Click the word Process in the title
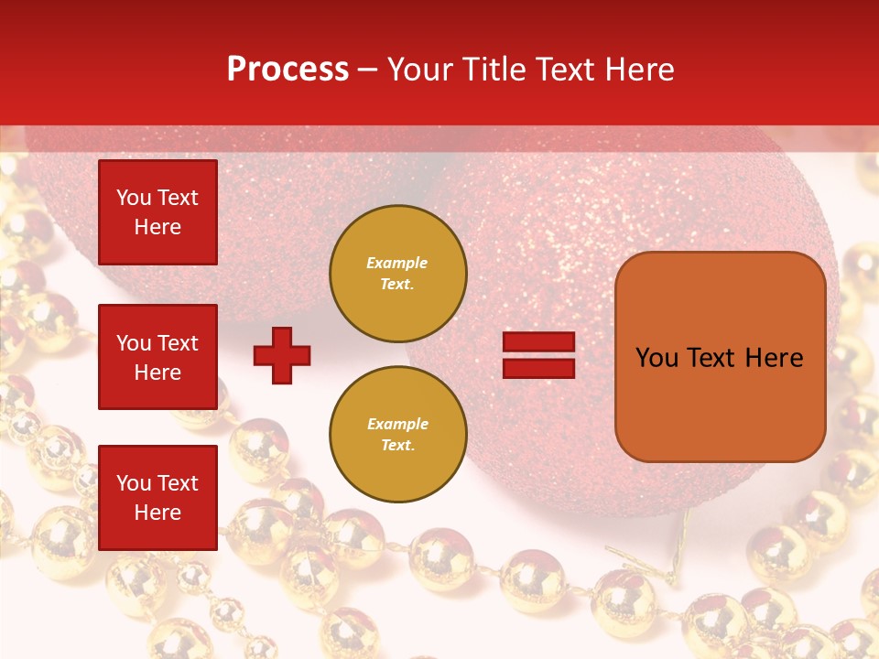pos(288,70)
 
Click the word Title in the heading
pos(495,70)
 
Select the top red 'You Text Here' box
pos(157,212)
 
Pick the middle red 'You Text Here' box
pos(157,357)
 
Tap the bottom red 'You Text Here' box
pos(157,498)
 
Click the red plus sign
pos(282,355)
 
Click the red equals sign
pos(538,355)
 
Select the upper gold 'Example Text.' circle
pos(398,274)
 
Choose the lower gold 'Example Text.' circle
pos(398,435)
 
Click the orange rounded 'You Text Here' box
pos(720,357)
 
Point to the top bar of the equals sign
pos(538,342)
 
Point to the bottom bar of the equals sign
pos(538,368)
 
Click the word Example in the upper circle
pos(396,263)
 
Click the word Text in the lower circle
pos(396,446)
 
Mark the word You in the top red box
pos(134,198)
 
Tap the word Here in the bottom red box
pos(157,513)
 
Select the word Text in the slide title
pos(567,70)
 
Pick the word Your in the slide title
pos(421,70)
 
